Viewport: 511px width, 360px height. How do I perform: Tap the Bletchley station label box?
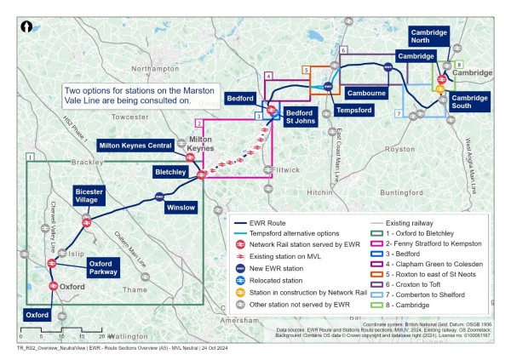(x=171, y=172)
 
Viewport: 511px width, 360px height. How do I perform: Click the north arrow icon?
(x=27, y=26)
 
